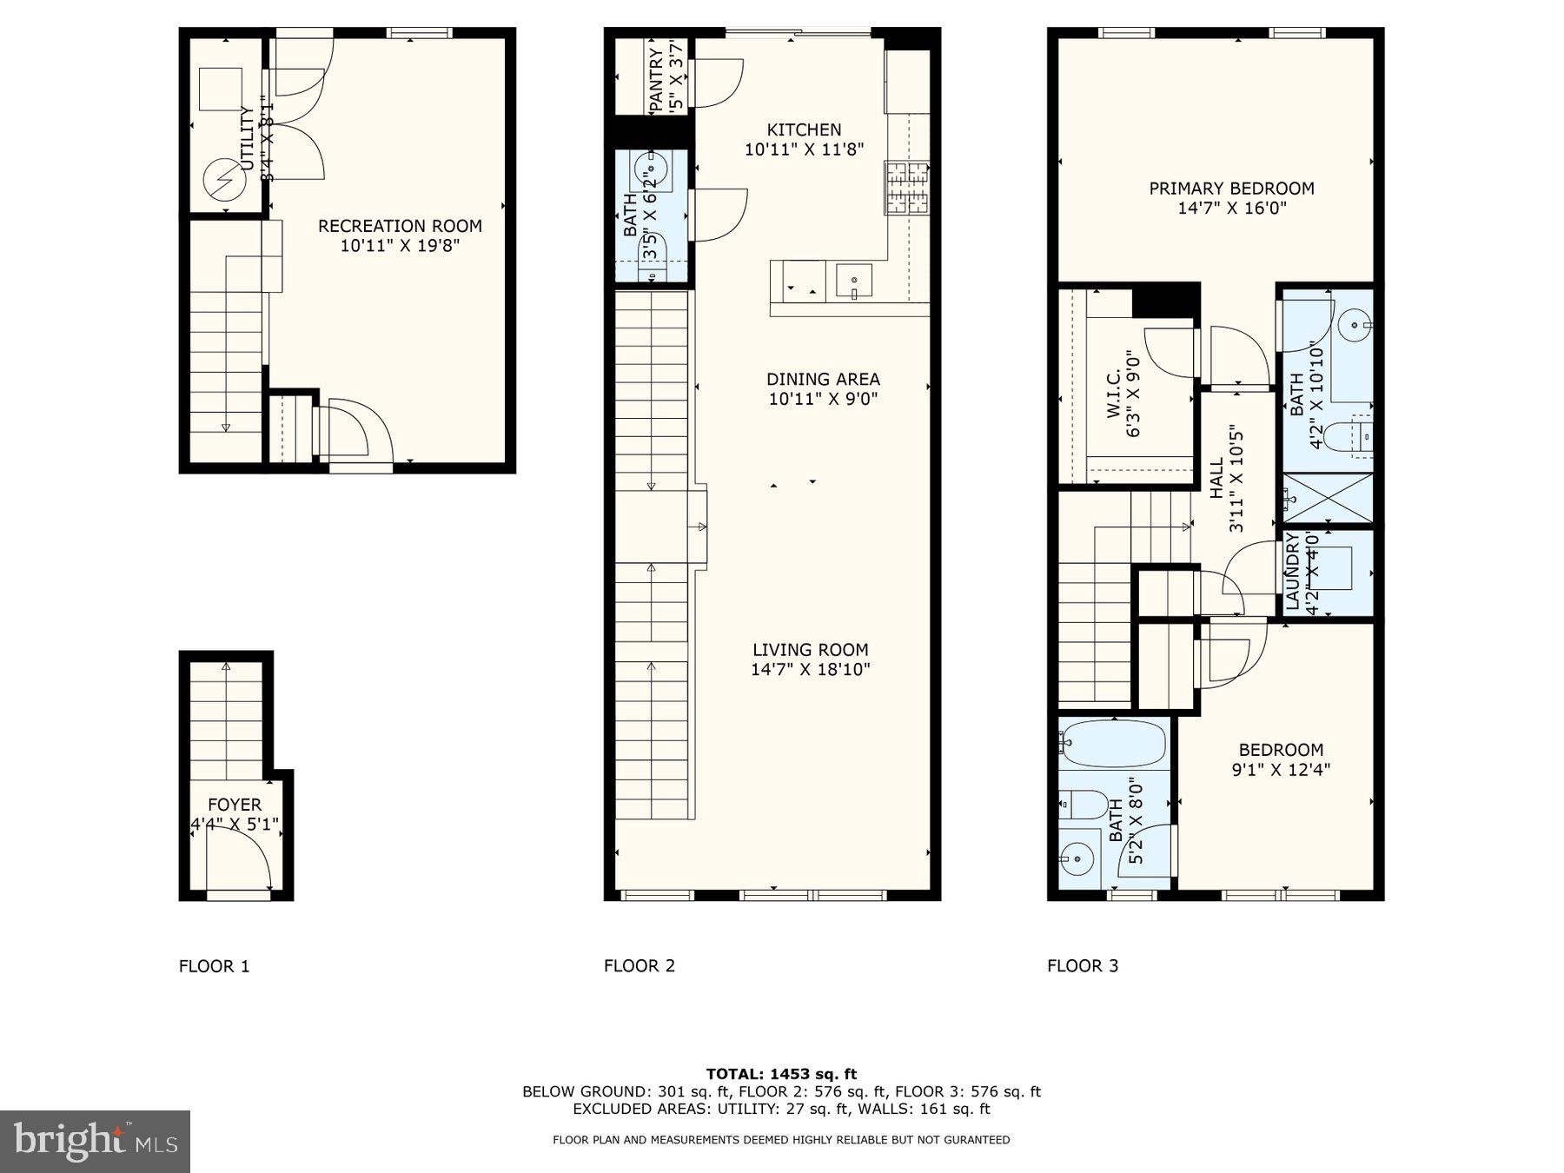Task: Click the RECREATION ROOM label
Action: (400, 226)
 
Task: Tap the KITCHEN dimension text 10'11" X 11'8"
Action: (804, 149)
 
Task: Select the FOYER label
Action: (235, 805)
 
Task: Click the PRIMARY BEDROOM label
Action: (1231, 189)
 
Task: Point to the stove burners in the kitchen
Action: (907, 188)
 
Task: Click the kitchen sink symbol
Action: (854, 281)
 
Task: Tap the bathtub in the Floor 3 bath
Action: (1112, 743)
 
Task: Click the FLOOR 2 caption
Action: (639, 965)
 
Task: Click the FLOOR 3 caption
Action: (1083, 965)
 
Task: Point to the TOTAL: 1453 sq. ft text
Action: (781, 1074)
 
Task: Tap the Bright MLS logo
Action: (95, 1141)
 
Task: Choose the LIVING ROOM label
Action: (810, 649)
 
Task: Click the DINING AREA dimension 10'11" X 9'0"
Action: (823, 399)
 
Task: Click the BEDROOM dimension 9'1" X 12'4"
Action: (1281, 769)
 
